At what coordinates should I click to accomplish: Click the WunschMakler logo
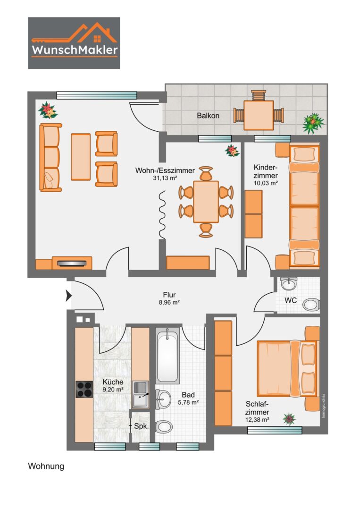[74, 43]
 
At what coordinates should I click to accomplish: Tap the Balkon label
[208, 116]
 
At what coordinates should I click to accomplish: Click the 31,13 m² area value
[165, 178]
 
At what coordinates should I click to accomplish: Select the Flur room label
[169, 295]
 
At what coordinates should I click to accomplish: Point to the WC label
[291, 300]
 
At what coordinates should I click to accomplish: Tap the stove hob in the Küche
[84, 389]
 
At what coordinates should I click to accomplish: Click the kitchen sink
[140, 394]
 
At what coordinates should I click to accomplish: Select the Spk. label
[142, 426]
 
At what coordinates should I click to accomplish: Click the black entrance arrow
[68, 296]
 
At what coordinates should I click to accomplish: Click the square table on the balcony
[259, 115]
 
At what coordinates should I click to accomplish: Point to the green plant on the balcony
[313, 123]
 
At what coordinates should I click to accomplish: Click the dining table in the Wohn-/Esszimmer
[206, 202]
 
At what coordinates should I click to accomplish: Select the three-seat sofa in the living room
[50, 157]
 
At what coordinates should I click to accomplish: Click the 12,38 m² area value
[257, 420]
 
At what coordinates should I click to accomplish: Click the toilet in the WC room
[311, 305]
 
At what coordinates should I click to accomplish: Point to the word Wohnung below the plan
[46, 467]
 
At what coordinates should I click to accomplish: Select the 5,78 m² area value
[188, 402]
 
